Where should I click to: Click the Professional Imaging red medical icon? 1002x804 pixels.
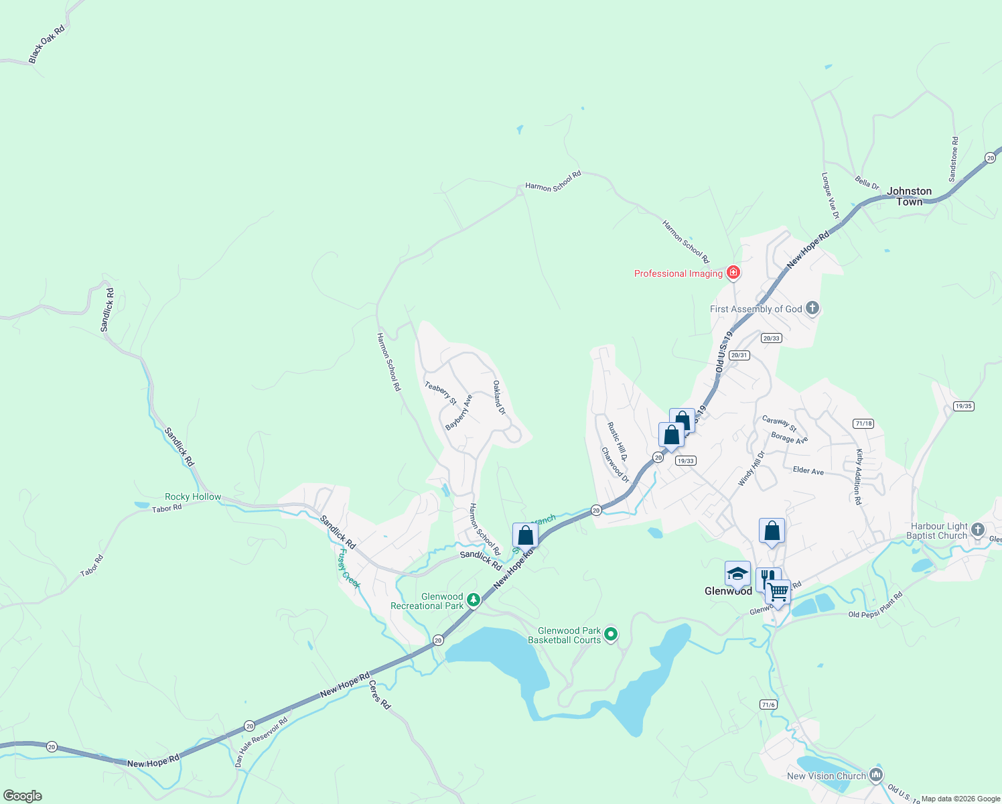tap(733, 272)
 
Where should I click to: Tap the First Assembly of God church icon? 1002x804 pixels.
tap(812, 308)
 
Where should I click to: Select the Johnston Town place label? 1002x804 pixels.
tap(909, 196)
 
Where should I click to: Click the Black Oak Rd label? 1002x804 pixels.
tap(47, 45)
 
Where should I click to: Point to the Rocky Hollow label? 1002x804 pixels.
tap(193, 496)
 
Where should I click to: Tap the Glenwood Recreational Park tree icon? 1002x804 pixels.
tap(474, 600)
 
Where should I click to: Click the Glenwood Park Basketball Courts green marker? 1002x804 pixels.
tap(610, 633)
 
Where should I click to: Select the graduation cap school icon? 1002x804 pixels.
tap(737, 574)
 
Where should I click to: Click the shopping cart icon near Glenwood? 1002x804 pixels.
tap(778, 592)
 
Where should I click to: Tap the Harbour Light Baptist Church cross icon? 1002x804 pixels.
tap(978, 530)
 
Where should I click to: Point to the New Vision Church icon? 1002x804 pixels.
tap(875, 775)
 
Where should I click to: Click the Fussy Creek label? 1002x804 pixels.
tap(349, 569)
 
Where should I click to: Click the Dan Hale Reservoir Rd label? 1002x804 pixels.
tap(261, 742)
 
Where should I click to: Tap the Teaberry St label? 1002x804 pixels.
tap(440, 393)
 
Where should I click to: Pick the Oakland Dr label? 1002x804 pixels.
tap(499, 397)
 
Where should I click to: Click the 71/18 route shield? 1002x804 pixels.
tap(863, 423)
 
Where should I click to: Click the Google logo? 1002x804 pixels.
tap(22, 795)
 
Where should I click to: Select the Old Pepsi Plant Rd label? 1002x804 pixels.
tap(875, 605)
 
